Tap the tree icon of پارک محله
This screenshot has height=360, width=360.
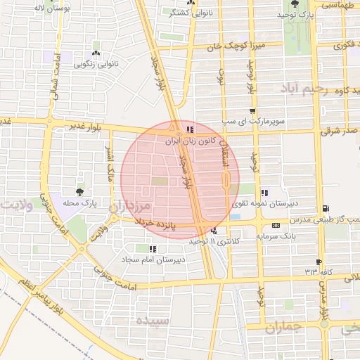[79, 191]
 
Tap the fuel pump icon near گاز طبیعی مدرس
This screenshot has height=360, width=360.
[325, 208]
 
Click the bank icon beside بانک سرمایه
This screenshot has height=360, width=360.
[275, 225]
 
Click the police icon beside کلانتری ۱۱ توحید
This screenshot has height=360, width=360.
[214, 231]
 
